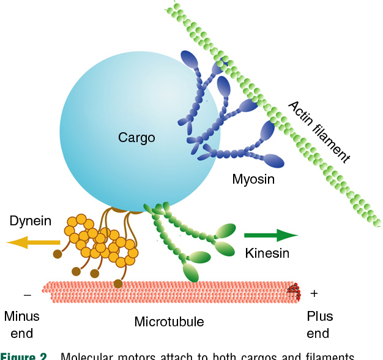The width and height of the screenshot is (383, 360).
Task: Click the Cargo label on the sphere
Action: (x=136, y=138)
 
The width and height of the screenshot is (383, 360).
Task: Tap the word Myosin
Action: (x=253, y=179)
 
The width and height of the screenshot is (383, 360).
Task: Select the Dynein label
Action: (x=30, y=221)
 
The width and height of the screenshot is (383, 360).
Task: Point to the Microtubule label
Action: (x=169, y=321)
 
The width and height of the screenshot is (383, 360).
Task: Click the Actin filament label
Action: (x=319, y=132)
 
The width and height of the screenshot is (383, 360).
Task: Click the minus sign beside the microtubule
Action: (x=27, y=294)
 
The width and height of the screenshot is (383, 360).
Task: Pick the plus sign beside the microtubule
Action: (x=314, y=293)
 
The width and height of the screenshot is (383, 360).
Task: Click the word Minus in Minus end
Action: (x=22, y=317)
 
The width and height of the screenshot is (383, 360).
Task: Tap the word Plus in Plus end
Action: (x=319, y=317)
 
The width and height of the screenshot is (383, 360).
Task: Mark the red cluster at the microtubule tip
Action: (x=296, y=292)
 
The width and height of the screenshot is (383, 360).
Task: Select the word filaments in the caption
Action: (x=321, y=356)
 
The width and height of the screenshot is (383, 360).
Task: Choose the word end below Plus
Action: (x=318, y=334)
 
